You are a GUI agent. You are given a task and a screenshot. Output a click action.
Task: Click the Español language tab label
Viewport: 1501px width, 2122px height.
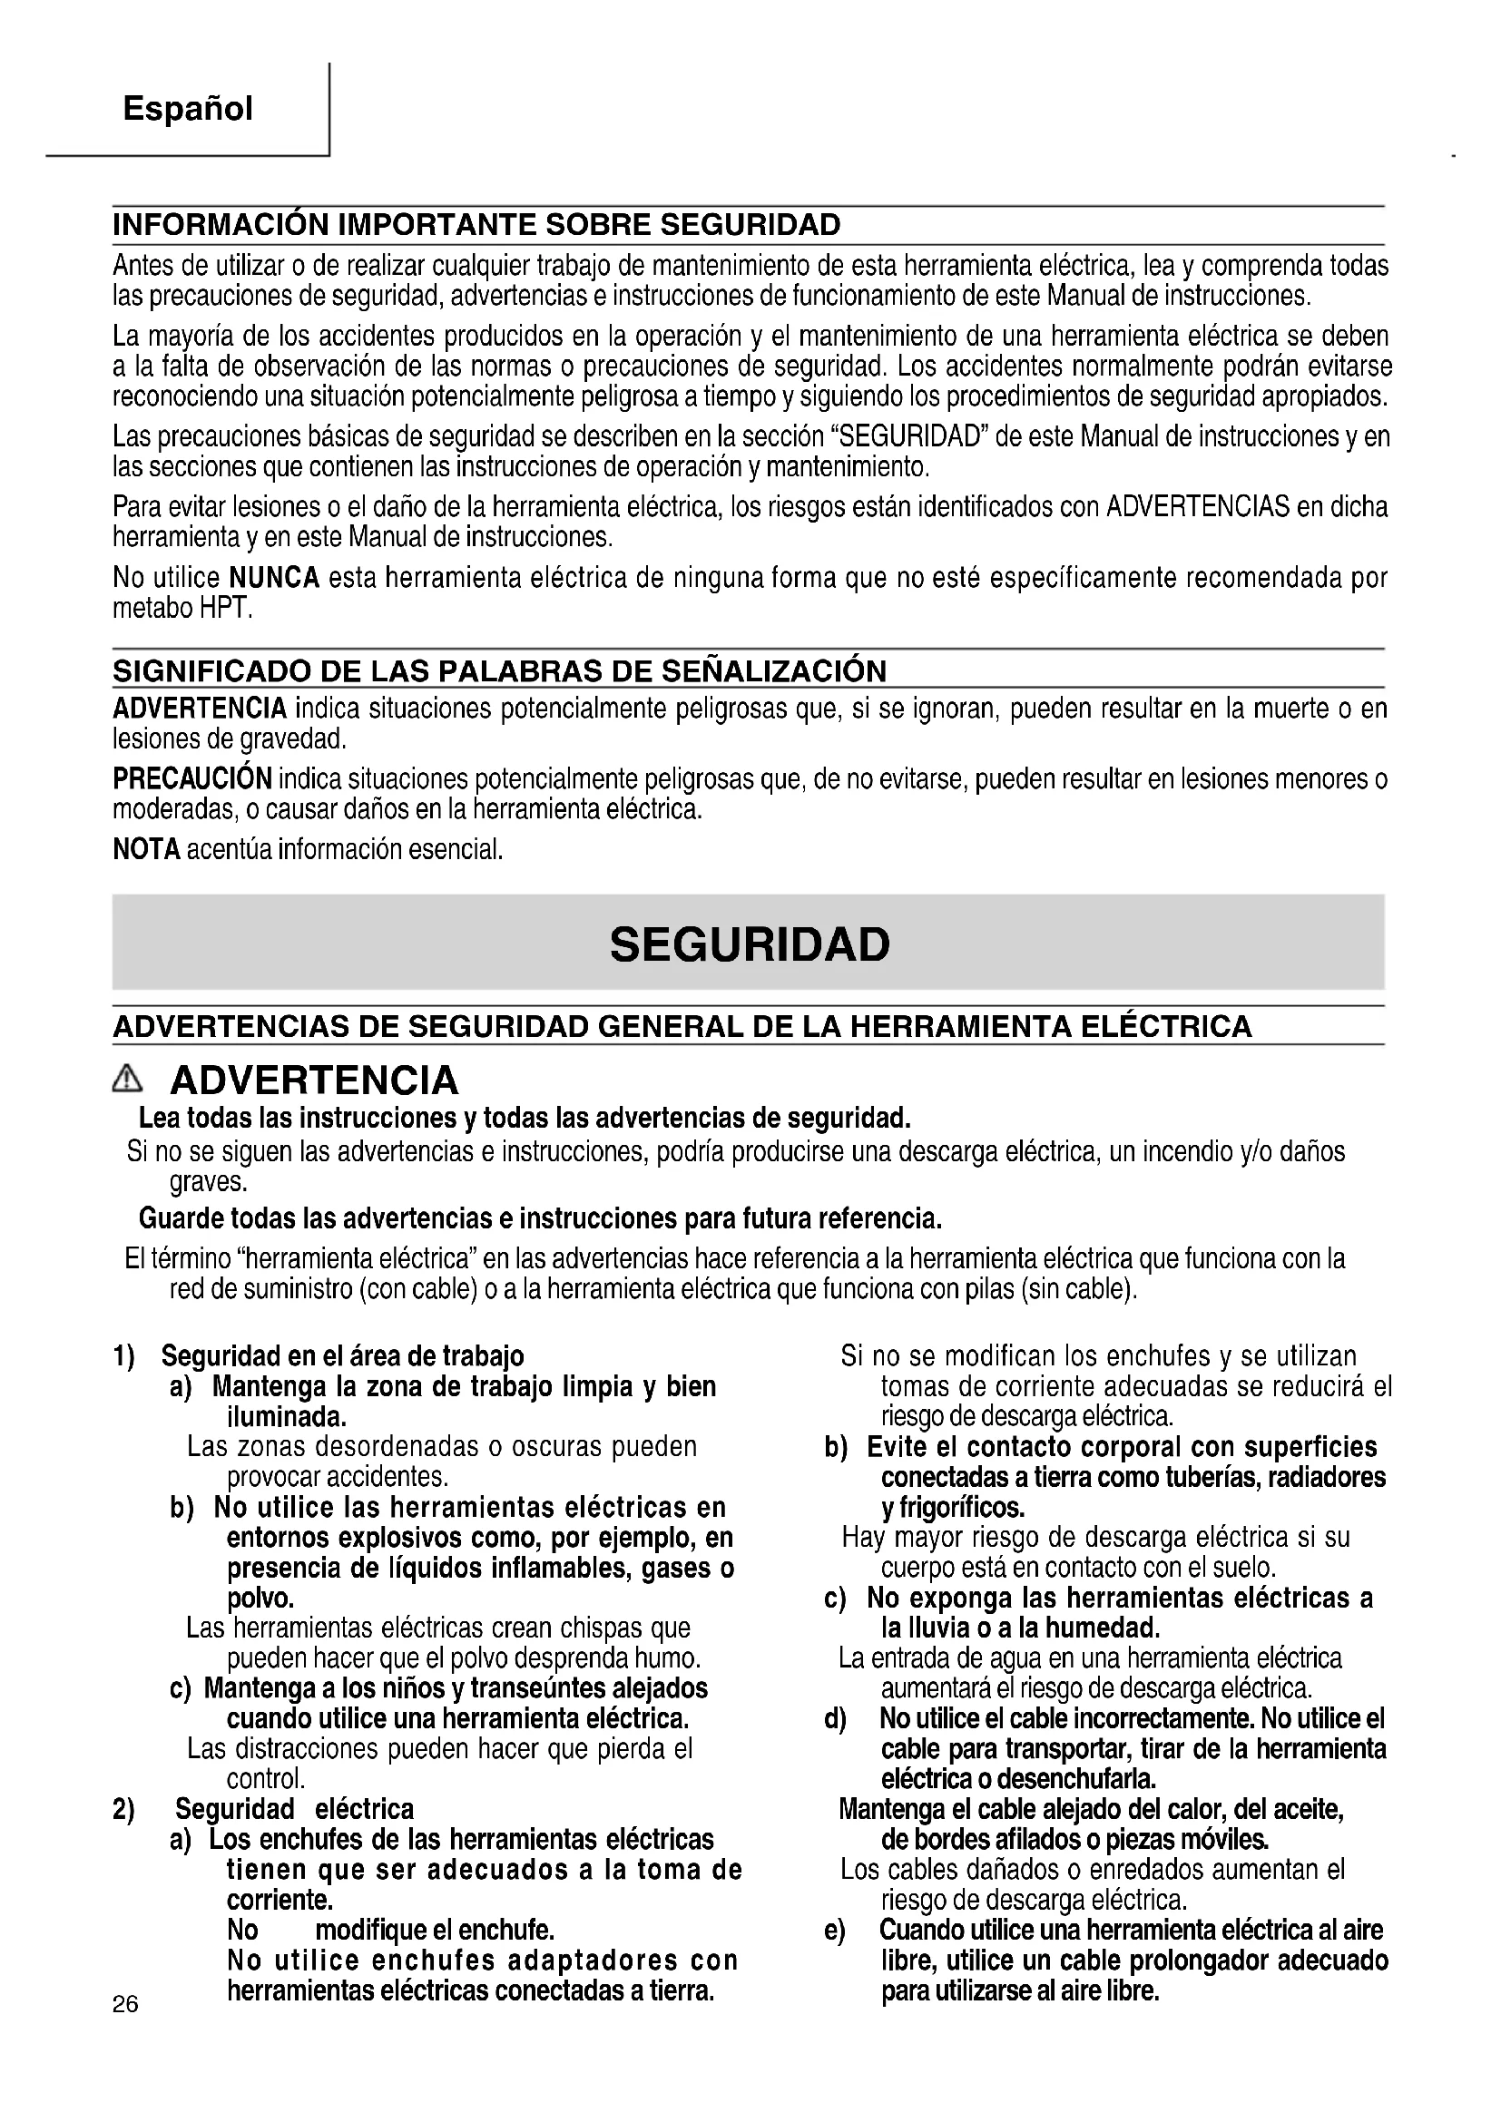click(188, 109)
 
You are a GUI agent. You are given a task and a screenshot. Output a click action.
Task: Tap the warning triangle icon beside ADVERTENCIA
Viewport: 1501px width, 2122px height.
click(129, 1079)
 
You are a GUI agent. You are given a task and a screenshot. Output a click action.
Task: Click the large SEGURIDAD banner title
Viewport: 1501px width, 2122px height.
click(750, 944)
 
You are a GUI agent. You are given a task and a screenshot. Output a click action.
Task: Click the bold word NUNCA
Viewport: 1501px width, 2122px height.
click(273, 579)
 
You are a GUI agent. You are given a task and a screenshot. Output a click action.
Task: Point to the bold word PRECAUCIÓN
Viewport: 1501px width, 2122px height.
click(192, 778)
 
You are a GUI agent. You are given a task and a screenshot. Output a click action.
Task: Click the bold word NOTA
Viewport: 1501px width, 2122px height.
click(146, 848)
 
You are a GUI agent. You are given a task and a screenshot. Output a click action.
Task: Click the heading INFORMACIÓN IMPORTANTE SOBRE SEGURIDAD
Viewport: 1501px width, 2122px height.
click(477, 225)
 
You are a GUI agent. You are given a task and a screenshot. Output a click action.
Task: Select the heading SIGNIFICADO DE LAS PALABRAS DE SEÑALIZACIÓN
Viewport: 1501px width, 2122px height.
click(499, 670)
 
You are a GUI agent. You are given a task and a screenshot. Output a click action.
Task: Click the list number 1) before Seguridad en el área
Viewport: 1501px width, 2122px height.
click(123, 1355)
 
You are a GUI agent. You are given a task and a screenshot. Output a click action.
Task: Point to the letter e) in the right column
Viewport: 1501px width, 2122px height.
click(835, 1930)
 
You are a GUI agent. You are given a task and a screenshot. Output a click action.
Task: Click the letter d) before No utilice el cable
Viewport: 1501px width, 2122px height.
click(835, 1719)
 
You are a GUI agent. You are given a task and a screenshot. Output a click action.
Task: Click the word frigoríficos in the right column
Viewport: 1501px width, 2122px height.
click(952, 1508)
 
